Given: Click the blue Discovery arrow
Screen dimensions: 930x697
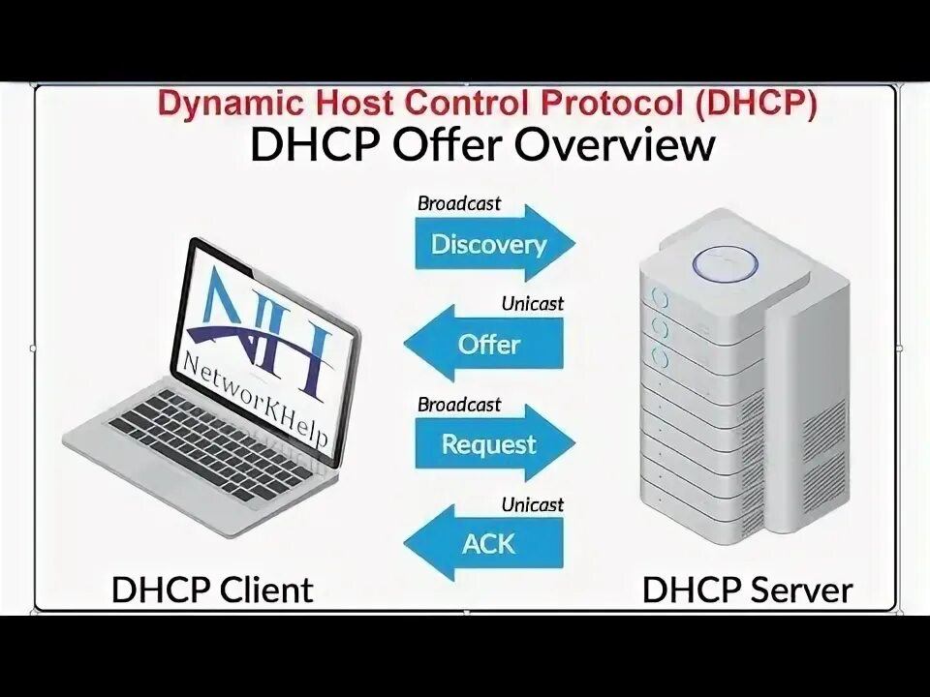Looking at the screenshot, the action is point(489,244).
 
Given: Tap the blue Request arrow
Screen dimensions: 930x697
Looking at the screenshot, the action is point(489,444).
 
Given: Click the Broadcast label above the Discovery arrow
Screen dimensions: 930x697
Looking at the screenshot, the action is point(459,203).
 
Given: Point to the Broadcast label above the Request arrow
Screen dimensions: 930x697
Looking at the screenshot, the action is point(459,404).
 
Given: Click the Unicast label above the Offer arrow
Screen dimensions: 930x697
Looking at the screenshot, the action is point(532,304).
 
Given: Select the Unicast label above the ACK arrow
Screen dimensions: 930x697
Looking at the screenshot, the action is point(532,504).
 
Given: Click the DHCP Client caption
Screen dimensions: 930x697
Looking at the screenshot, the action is point(212,589).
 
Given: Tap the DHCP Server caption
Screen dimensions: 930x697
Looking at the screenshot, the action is point(747,589).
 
